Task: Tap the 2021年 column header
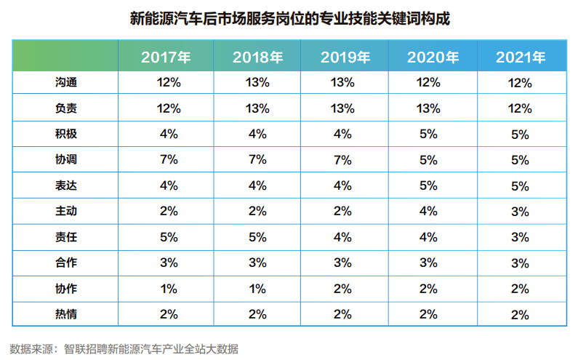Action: click(x=521, y=57)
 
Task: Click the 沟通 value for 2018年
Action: click(x=257, y=83)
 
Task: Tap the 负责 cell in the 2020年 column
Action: click(x=433, y=109)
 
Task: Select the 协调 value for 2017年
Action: click(x=168, y=159)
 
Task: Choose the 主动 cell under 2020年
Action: click(x=433, y=212)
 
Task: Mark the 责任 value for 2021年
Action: click(x=521, y=237)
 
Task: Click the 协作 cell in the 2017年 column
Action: click(x=168, y=289)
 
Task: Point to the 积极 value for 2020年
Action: click(x=433, y=135)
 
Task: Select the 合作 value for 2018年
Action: click(x=257, y=263)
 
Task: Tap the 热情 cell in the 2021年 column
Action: click(x=521, y=314)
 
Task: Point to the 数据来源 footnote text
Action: click(x=124, y=348)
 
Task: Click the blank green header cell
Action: click(x=65, y=57)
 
